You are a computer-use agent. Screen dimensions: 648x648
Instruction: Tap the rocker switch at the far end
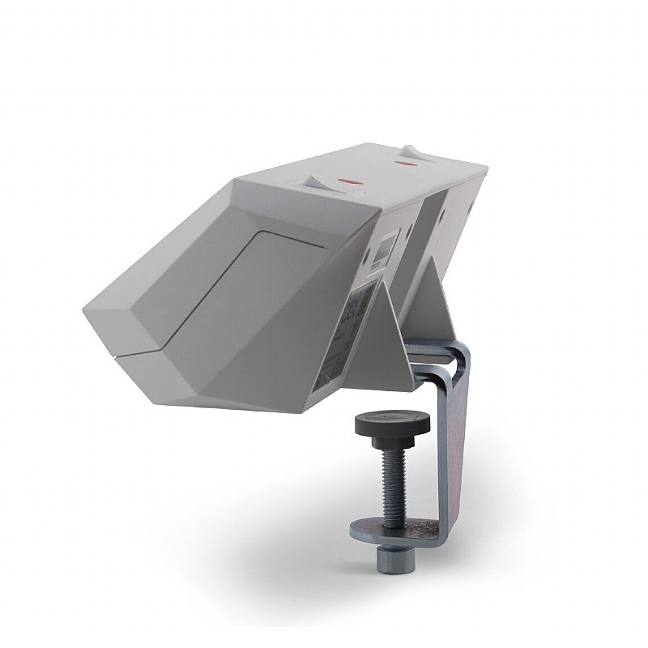(x=411, y=152)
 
